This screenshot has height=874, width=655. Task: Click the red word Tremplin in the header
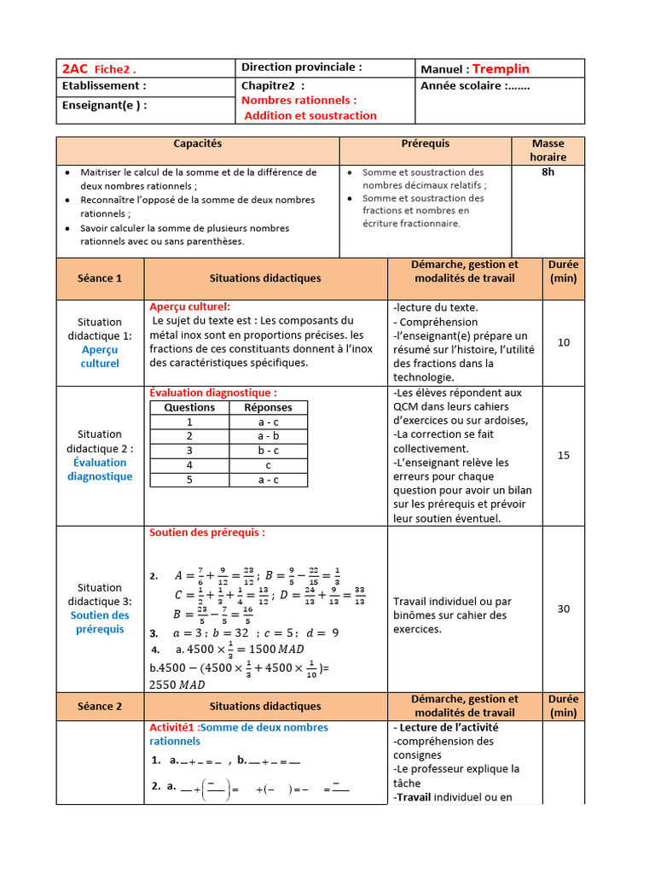(x=501, y=68)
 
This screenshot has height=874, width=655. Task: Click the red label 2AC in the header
(x=75, y=68)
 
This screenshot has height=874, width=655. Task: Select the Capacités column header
(x=197, y=144)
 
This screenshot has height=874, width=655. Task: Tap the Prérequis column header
(x=425, y=144)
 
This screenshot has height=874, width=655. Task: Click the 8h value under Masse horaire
(x=548, y=172)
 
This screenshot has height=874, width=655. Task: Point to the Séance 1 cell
(x=100, y=278)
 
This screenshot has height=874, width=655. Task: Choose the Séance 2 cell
(x=100, y=706)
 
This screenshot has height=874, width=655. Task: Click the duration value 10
(x=564, y=342)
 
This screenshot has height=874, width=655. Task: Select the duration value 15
(x=564, y=456)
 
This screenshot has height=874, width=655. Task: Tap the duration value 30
(x=564, y=609)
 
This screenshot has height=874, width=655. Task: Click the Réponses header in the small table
(x=268, y=407)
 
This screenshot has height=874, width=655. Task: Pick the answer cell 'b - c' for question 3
(x=268, y=451)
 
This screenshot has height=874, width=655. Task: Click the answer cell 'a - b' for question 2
(x=268, y=436)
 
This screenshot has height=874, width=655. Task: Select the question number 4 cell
(x=189, y=465)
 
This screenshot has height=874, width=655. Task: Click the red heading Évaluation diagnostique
(x=213, y=393)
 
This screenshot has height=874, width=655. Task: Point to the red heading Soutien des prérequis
(x=207, y=533)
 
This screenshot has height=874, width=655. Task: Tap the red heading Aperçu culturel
(x=189, y=306)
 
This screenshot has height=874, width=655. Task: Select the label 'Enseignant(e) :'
(x=104, y=106)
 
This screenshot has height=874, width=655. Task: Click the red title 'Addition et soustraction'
(x=310, y=115)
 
